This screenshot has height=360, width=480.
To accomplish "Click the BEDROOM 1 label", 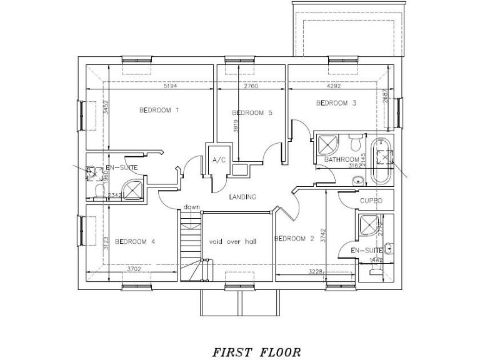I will point(159,111).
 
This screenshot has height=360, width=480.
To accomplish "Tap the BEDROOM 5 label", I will point(252,113).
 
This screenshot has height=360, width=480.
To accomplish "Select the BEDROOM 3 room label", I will point(336,103).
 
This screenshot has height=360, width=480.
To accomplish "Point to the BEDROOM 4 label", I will point(135,241).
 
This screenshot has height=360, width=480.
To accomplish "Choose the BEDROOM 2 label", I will point(294,238).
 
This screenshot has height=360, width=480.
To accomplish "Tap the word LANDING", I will point(242,197).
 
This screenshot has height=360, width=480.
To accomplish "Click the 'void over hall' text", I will point(232,241).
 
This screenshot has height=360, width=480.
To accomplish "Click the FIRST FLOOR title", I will point(257,353).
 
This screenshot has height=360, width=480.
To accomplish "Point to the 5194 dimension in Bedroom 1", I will point(170,86).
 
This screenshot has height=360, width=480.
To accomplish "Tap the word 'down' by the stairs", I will point(191,207).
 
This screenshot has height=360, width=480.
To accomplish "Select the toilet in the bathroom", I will point(356,144).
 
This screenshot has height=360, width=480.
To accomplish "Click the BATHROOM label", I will point(341,160).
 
